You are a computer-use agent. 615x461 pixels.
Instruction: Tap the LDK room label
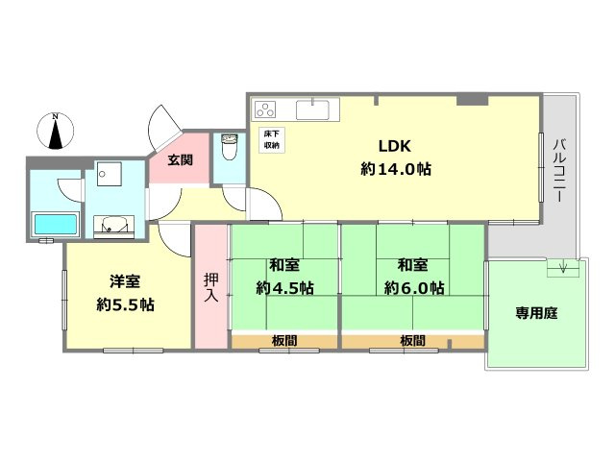point(394,147)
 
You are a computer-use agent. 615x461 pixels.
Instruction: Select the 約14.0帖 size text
point(395,169)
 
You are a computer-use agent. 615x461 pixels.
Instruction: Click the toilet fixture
point(229,149)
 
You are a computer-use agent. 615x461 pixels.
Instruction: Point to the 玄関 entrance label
point(180,159)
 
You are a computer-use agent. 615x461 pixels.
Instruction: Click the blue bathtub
point(55,227)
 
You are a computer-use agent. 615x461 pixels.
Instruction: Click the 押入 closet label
point(209,287)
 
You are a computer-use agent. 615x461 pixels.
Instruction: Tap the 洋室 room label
point(126,282)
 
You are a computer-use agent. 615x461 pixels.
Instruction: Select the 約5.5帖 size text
point(126,305)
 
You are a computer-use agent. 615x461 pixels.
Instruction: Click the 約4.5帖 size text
point(283,287)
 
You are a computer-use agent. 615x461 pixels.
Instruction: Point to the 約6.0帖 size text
point(413,287)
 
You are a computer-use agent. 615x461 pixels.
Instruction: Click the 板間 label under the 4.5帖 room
point(283,341)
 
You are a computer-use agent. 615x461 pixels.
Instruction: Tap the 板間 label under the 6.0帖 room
point(413,341)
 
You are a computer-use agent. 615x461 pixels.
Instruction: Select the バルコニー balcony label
point(559,169)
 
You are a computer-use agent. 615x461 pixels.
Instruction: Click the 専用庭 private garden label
point(536,312)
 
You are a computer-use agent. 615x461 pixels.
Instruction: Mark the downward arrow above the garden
point(564,268)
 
